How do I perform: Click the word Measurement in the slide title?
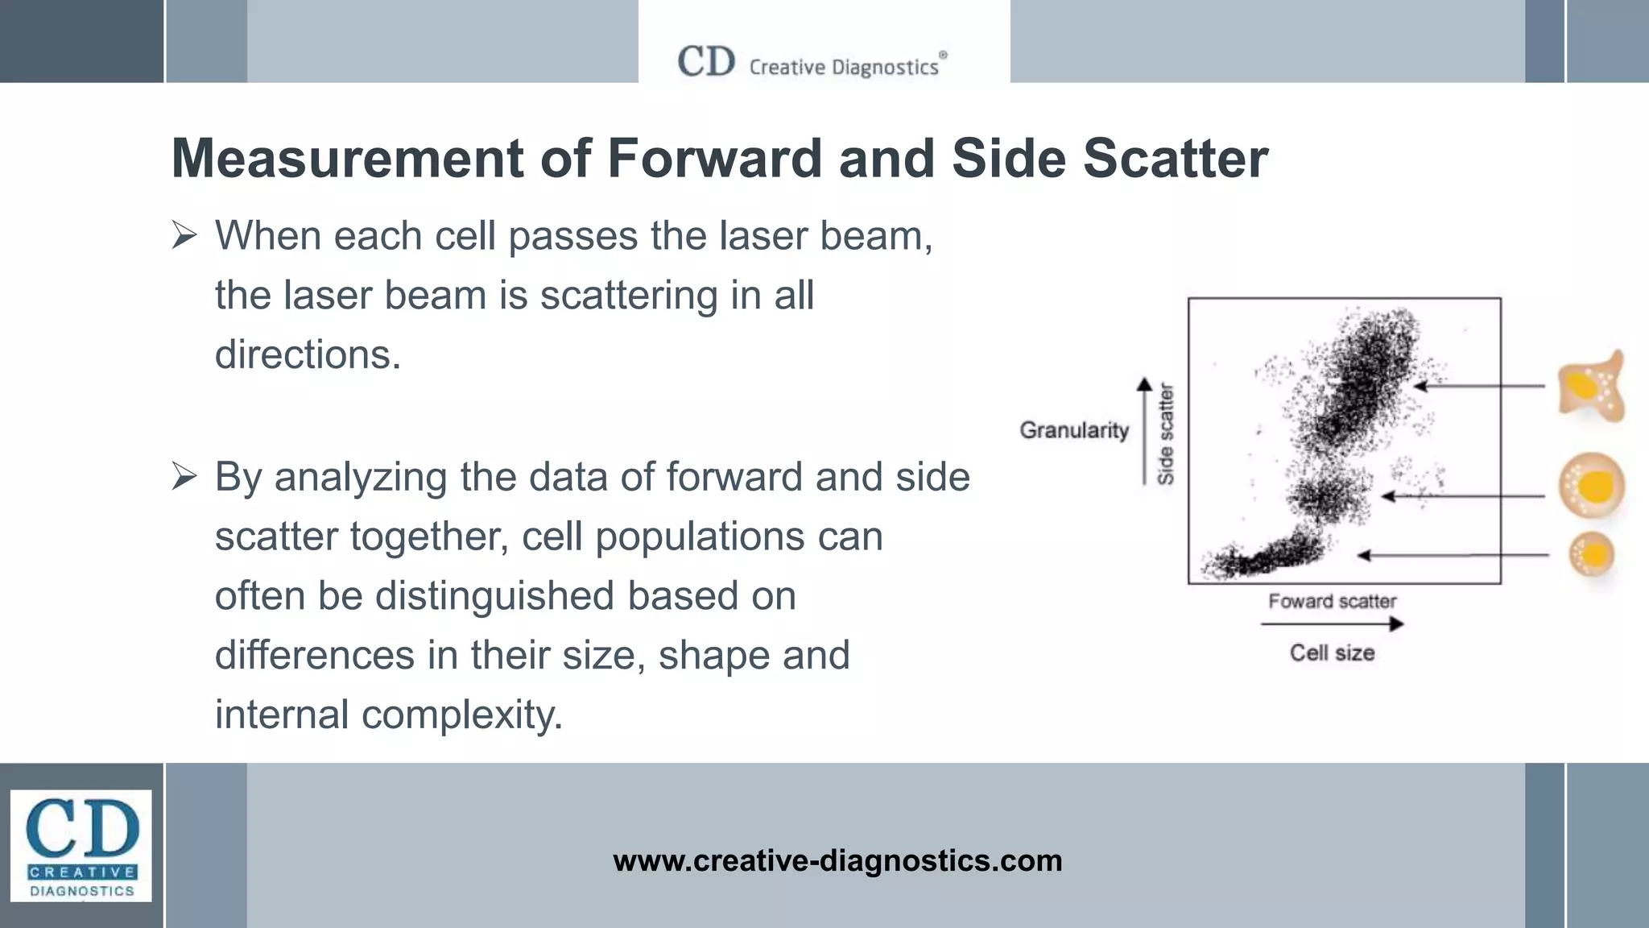coord(347,158)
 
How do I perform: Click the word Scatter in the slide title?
coord(1175,158)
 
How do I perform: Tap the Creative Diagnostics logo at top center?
coord(812,63)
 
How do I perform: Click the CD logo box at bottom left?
coord(81,845)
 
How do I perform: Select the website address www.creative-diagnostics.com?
coord(837,860)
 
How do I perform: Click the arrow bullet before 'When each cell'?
coord(184,236)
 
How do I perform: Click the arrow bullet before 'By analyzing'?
coord(184,477)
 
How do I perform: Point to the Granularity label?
coord(1074,430)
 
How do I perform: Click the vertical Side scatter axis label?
coord(1166,435)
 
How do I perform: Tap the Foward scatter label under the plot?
coord(1332,601)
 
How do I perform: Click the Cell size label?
coord(1332,652)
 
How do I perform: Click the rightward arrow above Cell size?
coord(1332,623)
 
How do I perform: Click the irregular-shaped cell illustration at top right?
coord(1590,387)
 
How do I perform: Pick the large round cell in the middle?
coord(1591,486)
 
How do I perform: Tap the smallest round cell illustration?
coord(1591,555)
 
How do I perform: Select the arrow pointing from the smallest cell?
coord(1453,555)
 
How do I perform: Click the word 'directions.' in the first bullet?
coord(308,354)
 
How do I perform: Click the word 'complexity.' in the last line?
coord(462,715)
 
